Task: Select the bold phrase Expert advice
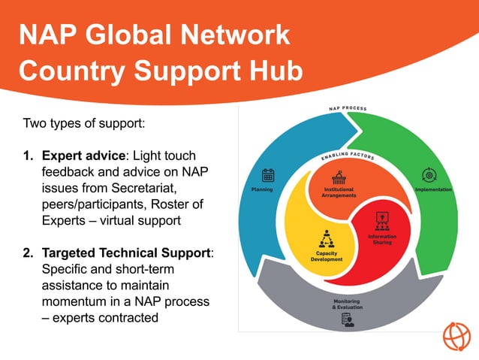pyautogui.click(x=83, y=157)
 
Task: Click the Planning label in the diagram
pyautogui.click(x=262, y=189)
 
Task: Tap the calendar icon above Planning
pyautogui.click(x=268, y=175)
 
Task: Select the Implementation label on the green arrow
pyautogui.click(x=433, y=189)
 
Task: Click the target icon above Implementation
pyautogui.click(x=429, y=175)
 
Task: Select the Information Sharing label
pyautogui.click(x=381, y=239)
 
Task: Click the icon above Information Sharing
pyautogui.click(x=381, y=221)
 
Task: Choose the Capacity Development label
pyautogui.click(x=326, y=256)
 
